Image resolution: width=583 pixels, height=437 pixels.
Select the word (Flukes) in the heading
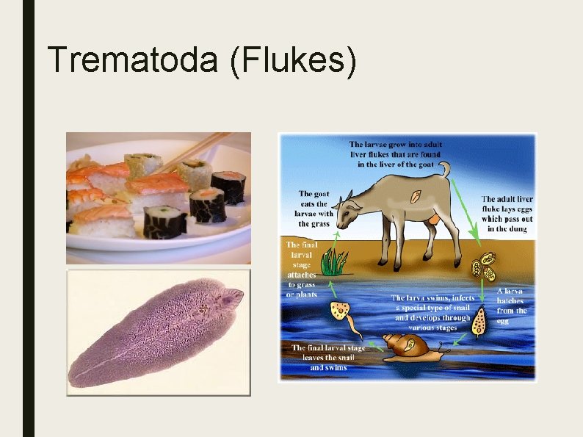[x=293, y=60]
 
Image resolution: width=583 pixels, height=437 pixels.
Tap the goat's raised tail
[x=444, y=170]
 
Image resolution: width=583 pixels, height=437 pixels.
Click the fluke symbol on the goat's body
[x=415, y=197]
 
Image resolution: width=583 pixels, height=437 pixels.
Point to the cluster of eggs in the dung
[x=484, y=266]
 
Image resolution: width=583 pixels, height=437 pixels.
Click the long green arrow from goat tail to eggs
[x=463, y=213]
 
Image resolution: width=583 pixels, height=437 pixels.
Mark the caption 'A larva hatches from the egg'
[x=512, y=306]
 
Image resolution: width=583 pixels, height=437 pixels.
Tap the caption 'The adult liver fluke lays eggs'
[x=507, y=214]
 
